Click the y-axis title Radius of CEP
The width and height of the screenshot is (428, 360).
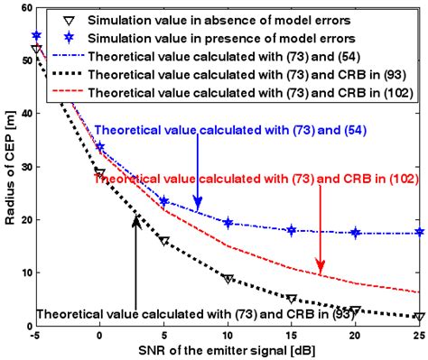click(x=11, y=167)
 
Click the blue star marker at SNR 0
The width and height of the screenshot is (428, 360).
click(x=99, y=146)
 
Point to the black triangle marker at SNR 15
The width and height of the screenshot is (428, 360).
click(x=292, y=299)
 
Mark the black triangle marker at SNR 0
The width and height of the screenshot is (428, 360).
click(x=99, y=173)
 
